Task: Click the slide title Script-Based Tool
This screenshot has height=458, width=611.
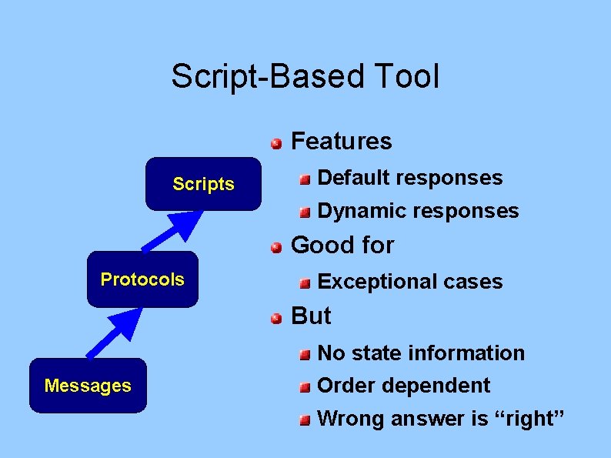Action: [305, 77]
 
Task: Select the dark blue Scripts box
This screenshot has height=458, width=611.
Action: [203, 184]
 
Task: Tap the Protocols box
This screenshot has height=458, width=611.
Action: [142, 279]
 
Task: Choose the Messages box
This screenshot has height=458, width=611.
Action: [88, 386]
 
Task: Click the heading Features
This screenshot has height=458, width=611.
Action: [342, 142]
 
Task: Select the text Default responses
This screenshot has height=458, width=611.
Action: [409, 178]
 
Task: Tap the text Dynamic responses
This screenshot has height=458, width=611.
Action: [418, 211]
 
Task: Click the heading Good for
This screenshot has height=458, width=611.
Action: [342, 246]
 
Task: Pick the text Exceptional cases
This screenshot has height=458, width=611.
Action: [409, 282]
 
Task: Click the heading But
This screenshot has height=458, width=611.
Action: [311, 316]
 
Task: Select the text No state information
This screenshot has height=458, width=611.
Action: [420, 353]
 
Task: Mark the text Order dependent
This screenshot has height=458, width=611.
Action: [403, 385]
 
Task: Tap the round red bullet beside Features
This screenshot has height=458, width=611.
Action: [275, 142]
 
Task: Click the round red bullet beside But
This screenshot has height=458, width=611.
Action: [275, 317]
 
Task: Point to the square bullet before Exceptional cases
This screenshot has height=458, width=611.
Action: [305, 283]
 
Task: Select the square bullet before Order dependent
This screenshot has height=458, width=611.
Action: [305, 386]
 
